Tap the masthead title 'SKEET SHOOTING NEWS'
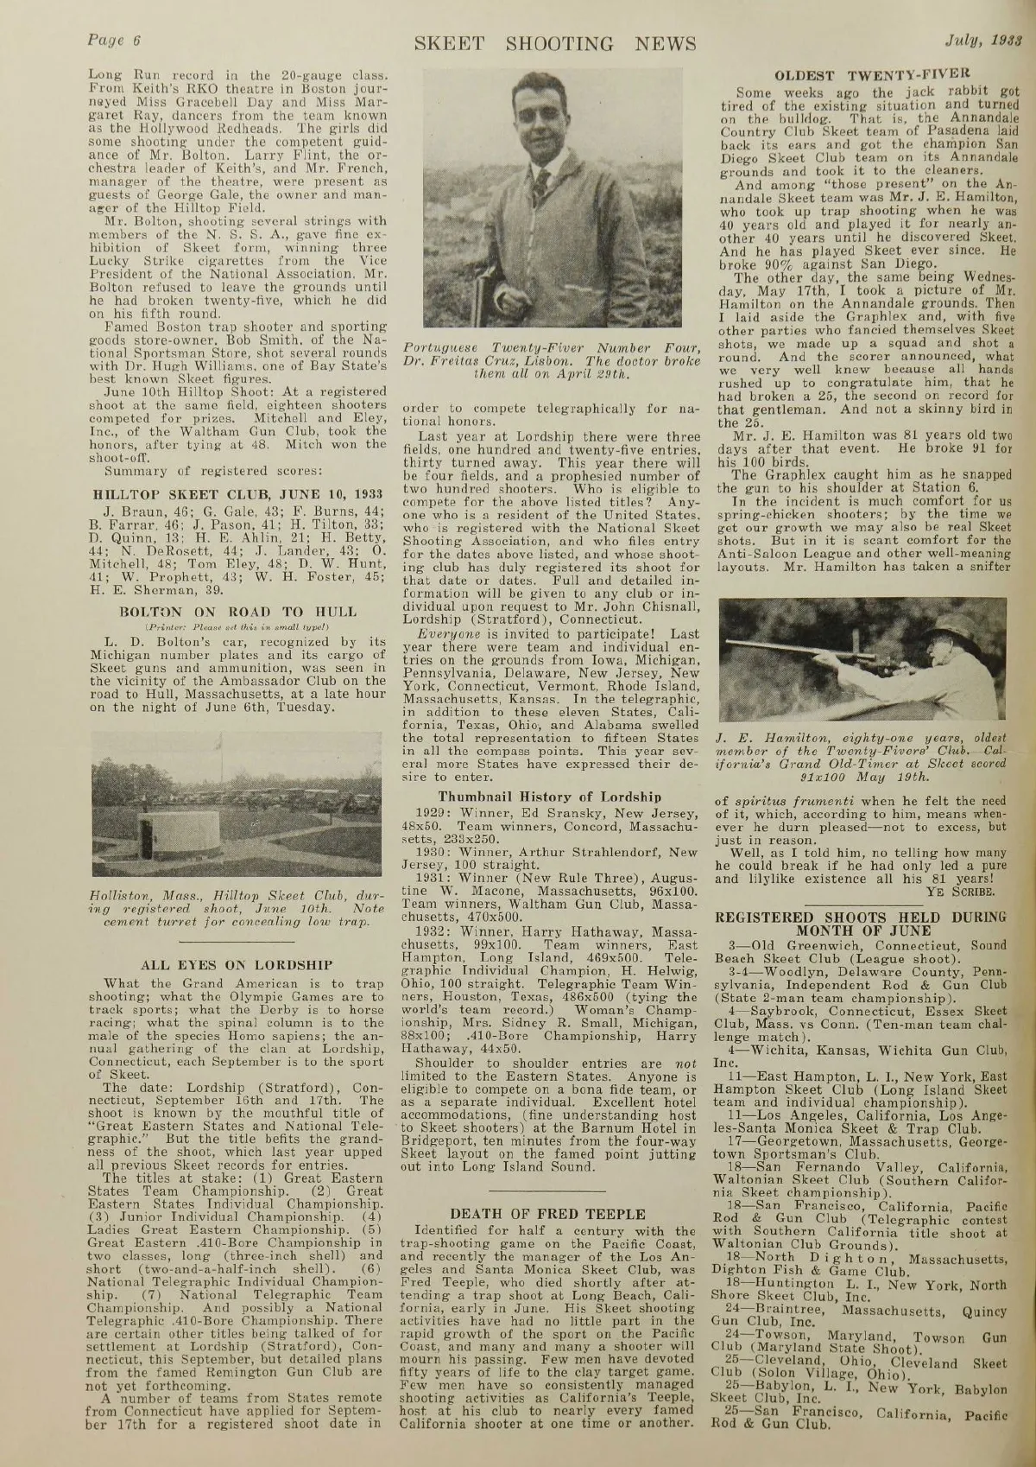click(554, 43)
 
